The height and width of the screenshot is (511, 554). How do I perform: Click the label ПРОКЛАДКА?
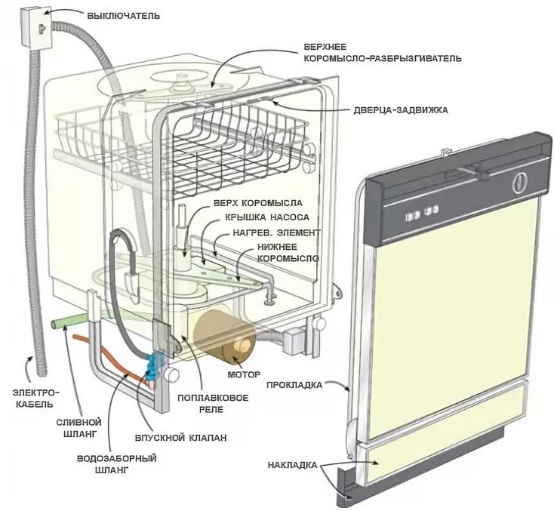[x=294, y=385]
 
